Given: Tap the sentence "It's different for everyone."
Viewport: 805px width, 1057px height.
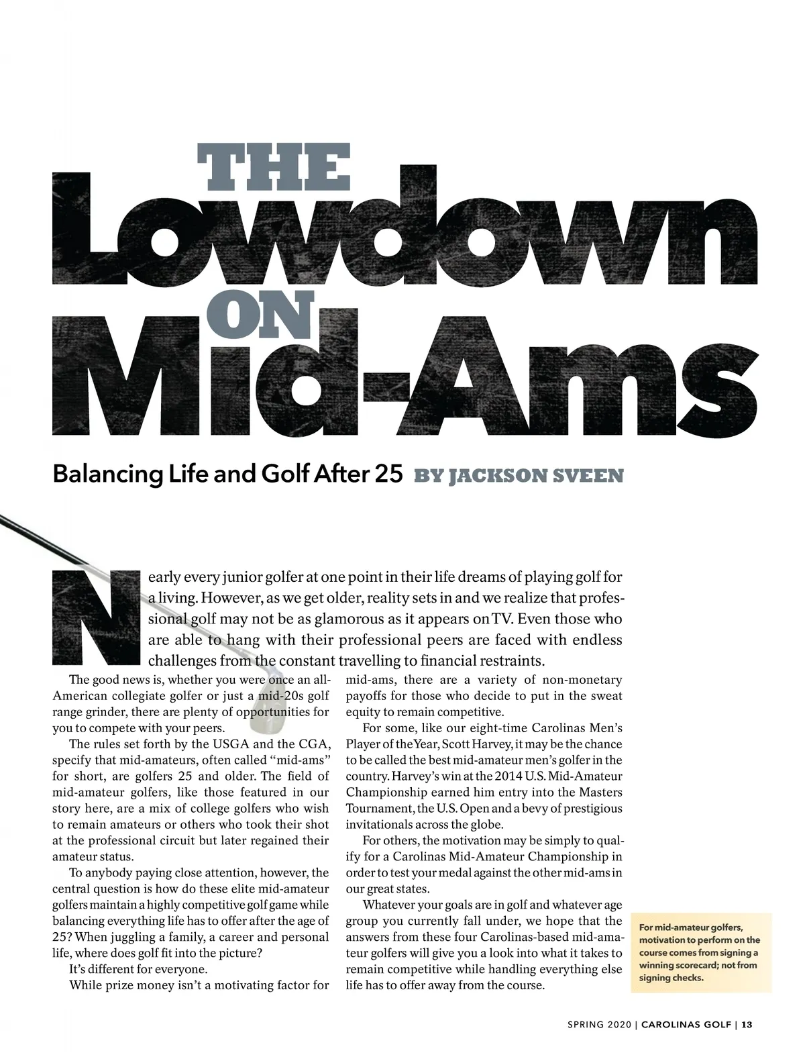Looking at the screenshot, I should pos(138,969).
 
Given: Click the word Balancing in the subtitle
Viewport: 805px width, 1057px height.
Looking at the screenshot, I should pos(93,474).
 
